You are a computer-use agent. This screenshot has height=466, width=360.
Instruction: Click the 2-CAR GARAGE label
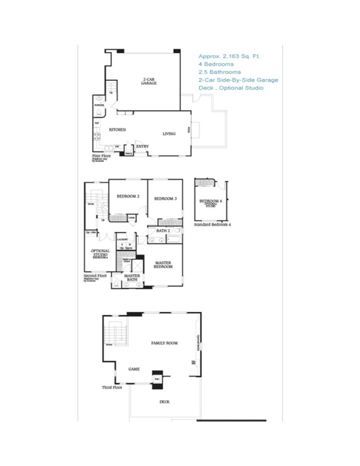pos(149,81)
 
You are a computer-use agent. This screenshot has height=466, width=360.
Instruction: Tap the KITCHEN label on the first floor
pos(117,130)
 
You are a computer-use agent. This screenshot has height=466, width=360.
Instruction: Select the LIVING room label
pos(169,134)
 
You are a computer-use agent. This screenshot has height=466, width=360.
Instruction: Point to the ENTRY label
pos(142,147)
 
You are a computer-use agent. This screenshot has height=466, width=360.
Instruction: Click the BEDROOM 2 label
pos(128,196)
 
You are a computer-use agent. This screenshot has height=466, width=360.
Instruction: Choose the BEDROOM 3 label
pos(165,199)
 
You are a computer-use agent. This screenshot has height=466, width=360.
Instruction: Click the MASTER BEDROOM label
pos(163,265)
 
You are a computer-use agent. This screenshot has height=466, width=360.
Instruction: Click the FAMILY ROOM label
pos(165,343)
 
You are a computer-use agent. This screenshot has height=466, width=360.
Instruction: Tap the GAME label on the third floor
pos(134,369)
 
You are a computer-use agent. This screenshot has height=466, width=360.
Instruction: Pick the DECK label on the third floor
pos(165,402)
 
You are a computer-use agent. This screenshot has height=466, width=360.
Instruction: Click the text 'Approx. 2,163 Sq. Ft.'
pos(229,56)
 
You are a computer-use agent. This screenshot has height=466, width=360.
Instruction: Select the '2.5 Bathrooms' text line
pos(220,72)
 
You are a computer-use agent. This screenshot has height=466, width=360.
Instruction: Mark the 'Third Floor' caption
pos(112,387)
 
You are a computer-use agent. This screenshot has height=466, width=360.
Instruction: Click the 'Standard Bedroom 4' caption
pos(213,224)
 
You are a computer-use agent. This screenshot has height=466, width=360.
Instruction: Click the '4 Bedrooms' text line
pos(216,64)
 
